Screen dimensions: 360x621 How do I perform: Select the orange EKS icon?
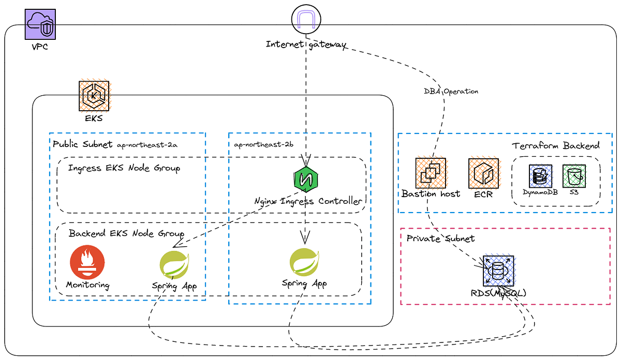94,95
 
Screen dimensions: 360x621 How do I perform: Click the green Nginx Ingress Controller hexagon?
305,179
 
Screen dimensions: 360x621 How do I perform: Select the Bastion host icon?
430,173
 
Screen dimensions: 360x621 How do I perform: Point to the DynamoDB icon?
540,176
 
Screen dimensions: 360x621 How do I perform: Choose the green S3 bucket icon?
573,176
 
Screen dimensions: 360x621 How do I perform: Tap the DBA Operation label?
451,91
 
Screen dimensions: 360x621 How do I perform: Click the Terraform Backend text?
556,145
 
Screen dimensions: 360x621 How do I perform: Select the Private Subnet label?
440,238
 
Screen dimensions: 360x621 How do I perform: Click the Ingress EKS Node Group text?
124,168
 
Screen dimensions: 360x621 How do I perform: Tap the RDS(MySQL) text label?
498,293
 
